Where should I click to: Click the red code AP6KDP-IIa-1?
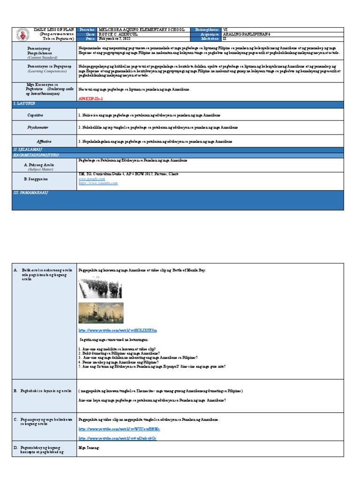90,99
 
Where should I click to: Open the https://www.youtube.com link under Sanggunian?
98,183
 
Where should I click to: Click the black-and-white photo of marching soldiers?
100,288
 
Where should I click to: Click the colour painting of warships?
100,313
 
